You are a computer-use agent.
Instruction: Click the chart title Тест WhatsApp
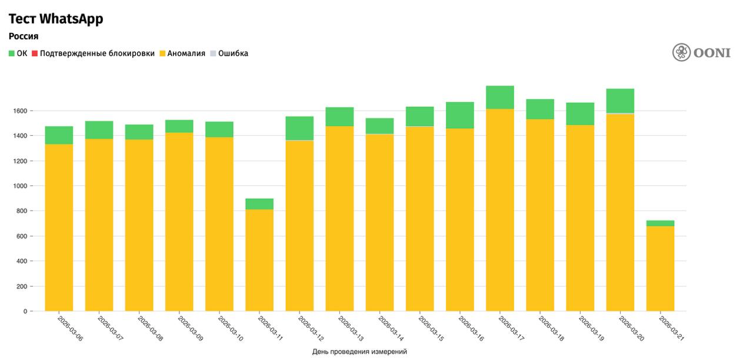point(56,19)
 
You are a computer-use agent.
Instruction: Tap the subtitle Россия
point(24,36)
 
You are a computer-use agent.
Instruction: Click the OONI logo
point(701,52)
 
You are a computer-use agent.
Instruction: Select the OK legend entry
point(18,54)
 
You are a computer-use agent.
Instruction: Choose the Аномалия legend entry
point(182,54)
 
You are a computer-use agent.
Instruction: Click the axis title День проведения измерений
point(359,352)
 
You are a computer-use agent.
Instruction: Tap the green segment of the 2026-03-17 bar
point(500,97)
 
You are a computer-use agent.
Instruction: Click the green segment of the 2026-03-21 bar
point(660,223)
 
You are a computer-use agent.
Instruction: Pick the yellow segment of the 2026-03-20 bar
point(620,212)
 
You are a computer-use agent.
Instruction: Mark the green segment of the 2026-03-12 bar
point(299,128)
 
